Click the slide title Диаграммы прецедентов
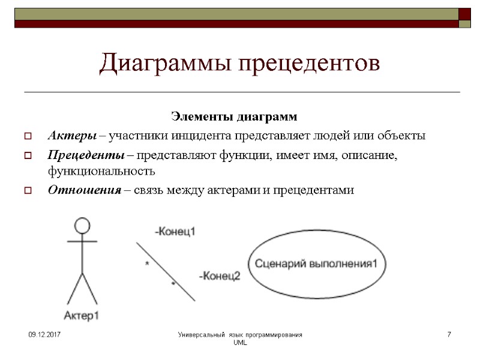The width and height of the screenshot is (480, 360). pyautogui.click(x=240, y=63)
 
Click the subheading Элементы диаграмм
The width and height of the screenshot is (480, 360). pyautogui.click(x=235, y=115)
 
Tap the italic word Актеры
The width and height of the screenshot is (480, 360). pyautogui.click(x=71, y=135)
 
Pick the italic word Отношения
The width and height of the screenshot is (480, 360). pyautogui.click(x=80, y=190)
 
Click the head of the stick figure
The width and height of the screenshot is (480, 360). pyautogui.click(x=82, y=226)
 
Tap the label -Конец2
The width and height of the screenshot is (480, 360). pyautogui.click(x=219, y=276)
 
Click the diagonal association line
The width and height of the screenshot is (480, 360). pyautogui.click(x=165, y=271)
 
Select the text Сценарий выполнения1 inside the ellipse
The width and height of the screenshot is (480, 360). pyautogui.click(x=317, y=263)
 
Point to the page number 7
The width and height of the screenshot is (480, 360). pyautogui.click(x=449, y=333)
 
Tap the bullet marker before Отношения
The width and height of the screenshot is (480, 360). pyautogui.click(x=27, y=191)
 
